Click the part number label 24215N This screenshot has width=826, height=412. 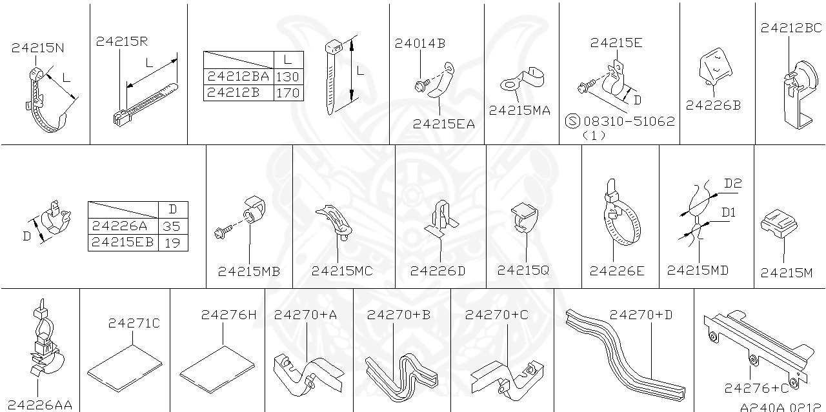[x=37, y=48]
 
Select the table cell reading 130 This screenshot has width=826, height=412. [x=287, y=76]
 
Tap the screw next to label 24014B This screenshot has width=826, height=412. [x=420, y=84]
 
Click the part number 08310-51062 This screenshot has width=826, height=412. [x=629, y=121]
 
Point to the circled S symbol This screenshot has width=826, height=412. [x=572, y=121]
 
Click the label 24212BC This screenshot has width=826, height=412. [x=791, y=28]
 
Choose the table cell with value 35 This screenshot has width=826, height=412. [x=172, y=226]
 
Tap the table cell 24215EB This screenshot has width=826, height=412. [x=123, y=242]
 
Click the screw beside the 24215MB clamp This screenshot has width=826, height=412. [x=220, y=229]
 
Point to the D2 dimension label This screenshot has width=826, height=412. [x=732, y=184]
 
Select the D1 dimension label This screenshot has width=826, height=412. [x=729, y=211]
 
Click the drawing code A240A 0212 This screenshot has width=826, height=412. [x=781, y=407]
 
